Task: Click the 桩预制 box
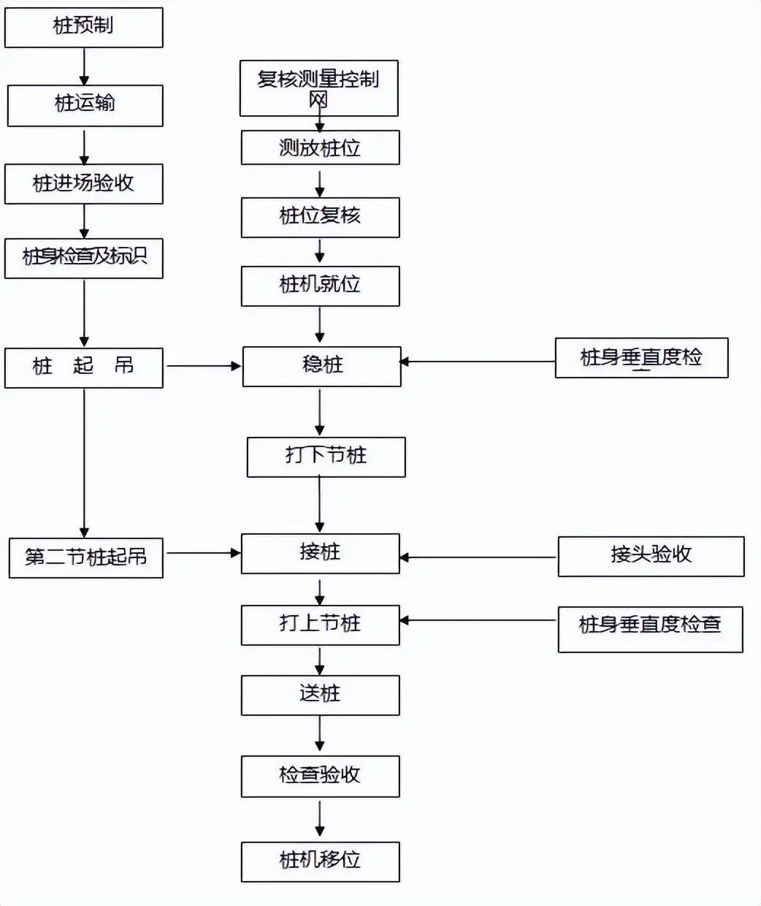pyautogui.click(x=83, y=28)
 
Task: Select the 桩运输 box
pyautogui.click(x=85, y=105)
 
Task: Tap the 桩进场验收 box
pyautogui.click(x=83, y=183)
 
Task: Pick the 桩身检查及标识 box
pyautogui.click(x=83, y=258)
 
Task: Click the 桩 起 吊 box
pyautogui.click(x=83, y=367)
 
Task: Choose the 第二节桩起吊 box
pyautogui.click(x=85, y=557)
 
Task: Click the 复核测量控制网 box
pyautogui.click(x=318, y=88)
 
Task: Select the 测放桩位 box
pyautogui.click(x=320, y=148)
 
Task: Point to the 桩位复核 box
pyautogui.click(x=320, y=217)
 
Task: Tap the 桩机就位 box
pyautogui.click(x=320, y=286)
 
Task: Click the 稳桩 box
pyautogui.click(x=321, y=366)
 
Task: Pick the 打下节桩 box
pyautogui.click(x=326, y=457)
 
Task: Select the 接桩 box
pyautogui.click(x=320, y=553)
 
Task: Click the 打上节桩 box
pyautogui.click(x=320, y=625)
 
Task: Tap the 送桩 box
pyautogui.click(x=320, y=695)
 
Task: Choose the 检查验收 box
pyautogui.click(x=320, y=776)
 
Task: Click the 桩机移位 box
pyautogui.click(x=320, y=861)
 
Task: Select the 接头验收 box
pyautogui.click(x=651, y=556)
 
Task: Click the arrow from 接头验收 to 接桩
pyautogui.click(x=478, y=557)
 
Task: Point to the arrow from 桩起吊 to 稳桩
pyautogui.click(x=204, y=366)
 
